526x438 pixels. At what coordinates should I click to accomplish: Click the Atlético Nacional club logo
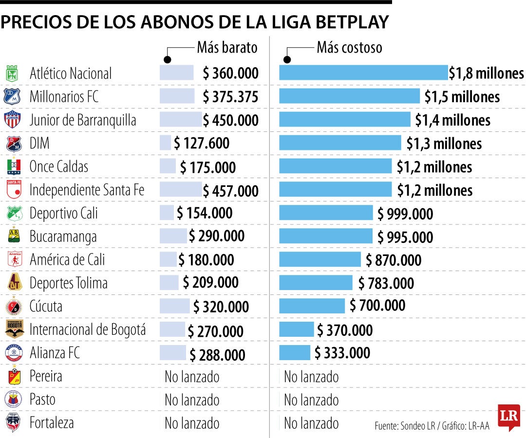[x=12, y=73]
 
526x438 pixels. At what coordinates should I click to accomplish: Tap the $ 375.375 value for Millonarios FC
[x=230, y=96]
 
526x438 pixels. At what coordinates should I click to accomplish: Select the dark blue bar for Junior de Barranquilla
[x=345, y=119]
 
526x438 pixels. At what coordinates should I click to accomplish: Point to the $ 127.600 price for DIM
[x=202, y=143]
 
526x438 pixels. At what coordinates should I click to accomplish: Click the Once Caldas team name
[x=59, y=166]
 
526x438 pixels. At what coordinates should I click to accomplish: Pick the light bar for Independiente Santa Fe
[x=180, y=190]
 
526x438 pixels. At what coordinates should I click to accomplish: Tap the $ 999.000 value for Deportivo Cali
[x=405, y=213]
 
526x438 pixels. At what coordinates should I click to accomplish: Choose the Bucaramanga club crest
[x=13, y=236]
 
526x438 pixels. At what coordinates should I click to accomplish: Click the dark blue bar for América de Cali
[x=320, y=259]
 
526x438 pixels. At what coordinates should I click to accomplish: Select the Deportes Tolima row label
[x=69, y=283]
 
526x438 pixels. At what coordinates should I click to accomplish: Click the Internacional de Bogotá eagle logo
[x=14, y=329]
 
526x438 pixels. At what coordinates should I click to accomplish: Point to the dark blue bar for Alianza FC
[x=295, y=352]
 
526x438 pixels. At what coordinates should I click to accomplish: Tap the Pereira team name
[x=46, y=376]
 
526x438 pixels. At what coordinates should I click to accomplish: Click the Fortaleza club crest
[x=13, y=422]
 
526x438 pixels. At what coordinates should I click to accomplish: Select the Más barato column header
[x=227, y=48]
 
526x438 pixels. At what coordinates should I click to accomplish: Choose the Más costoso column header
[x=349, y=48]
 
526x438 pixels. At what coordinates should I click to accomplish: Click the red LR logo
[x=508, y=417]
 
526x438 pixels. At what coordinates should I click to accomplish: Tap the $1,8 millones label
[x=486, y=73]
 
